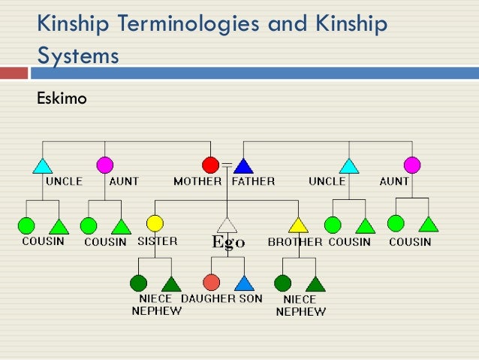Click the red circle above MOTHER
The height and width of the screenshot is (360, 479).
click(x=210, y=165)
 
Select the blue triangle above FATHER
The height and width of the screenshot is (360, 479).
click(x=243, y=166)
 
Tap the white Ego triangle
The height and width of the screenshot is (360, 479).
click(x=227, y=225)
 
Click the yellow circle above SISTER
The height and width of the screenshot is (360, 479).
click(x=155, y=223)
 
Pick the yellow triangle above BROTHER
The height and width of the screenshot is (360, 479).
click(x=298, y=225)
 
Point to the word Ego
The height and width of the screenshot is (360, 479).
click(x=227, y=242)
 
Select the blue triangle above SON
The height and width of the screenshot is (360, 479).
click(x=244, y=283)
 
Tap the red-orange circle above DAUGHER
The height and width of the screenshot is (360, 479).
click(x=212, y=283)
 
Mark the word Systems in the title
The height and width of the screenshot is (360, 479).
click(x=78, y=56)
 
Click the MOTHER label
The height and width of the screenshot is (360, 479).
click(x=197, y=181)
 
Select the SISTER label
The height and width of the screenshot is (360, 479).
click(x=158, y=241)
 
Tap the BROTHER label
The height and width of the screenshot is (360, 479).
click(x=295, y=242)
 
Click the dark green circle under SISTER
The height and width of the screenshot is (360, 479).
click(x=139, y=283)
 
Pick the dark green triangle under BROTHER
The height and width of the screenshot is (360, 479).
click(x=315, y=284)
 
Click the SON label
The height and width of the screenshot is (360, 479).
click(x=252, y=298)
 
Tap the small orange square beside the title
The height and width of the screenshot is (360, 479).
click(x=14, y=73)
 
